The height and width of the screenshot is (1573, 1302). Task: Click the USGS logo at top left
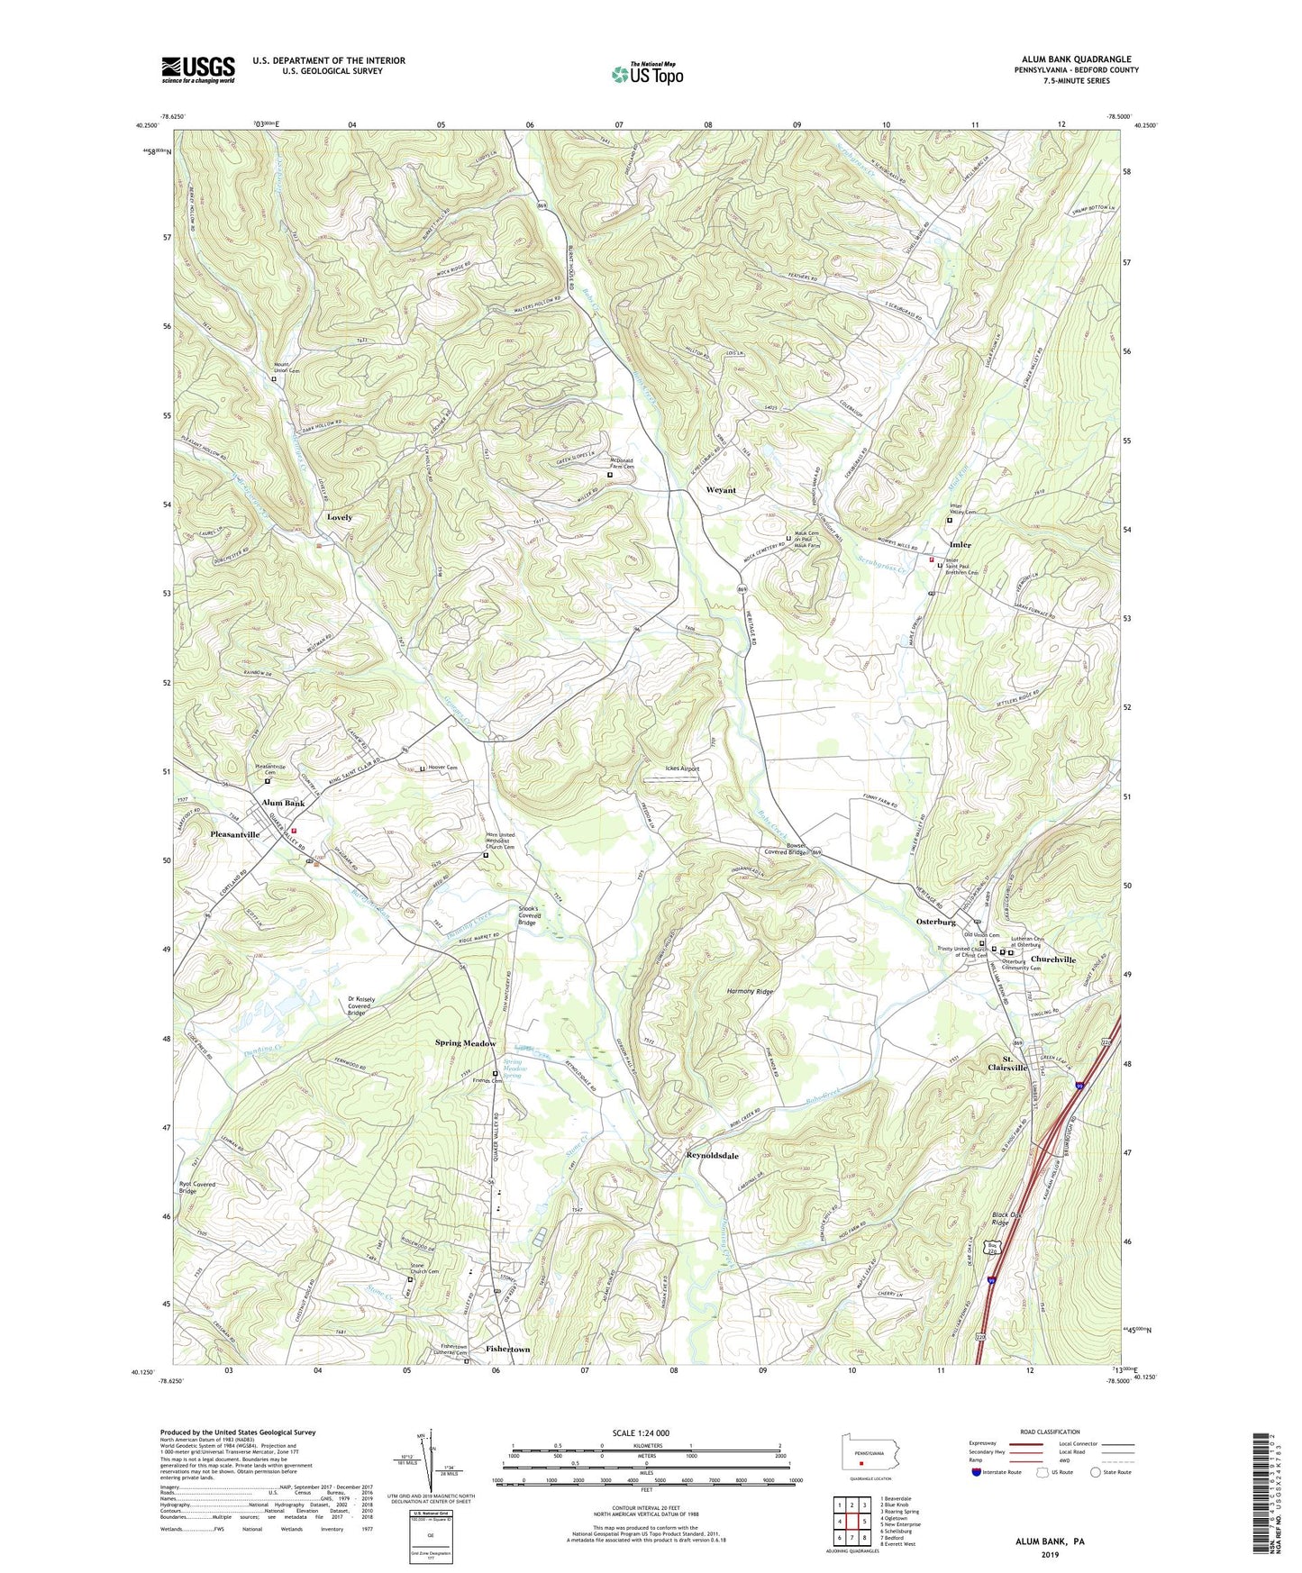pos(198,68)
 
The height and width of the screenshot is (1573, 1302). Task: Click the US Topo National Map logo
pos(647,74)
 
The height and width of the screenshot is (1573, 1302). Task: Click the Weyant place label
pos(720,490)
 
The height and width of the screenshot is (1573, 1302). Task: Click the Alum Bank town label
pos(283,803)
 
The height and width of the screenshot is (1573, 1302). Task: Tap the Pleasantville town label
pos(234,834)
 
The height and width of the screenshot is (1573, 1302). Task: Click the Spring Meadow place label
pos(466,1043)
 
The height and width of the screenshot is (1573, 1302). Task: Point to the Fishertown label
pos(507,1350)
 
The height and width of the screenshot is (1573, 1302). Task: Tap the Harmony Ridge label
pos(751,991)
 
